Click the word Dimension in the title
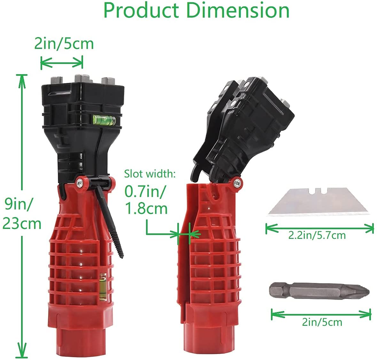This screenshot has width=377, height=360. (238, 10)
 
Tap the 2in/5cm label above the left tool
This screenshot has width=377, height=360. (64, 44)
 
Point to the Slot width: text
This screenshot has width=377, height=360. (150, 174)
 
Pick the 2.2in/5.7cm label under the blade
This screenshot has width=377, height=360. (317, 235)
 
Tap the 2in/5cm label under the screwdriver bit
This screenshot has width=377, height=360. (322, 322)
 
